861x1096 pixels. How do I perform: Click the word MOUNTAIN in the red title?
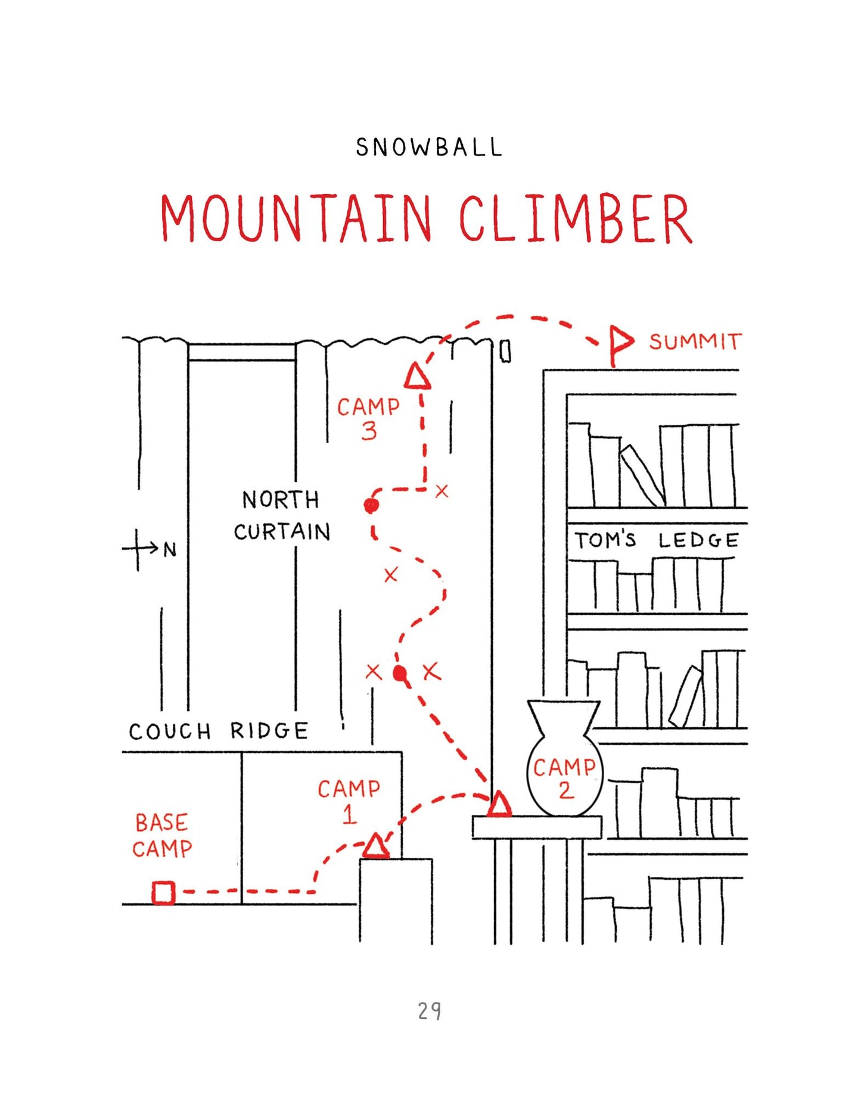(x=296, y=218)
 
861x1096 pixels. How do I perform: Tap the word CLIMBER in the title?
(x=576, y=218)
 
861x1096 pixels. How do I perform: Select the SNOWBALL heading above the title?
(x=429, y=147)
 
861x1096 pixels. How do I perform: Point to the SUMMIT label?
(x=695, y=341)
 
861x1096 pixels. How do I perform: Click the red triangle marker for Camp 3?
(x=417, y=376)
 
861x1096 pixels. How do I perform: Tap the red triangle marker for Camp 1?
(x=375, y=846)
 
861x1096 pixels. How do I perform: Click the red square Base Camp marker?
(x=163, y=893)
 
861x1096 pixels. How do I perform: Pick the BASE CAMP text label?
(x=162, y=836)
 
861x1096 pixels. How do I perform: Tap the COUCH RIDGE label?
(x=219, y=731)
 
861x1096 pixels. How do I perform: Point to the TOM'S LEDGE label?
(x=657, y=540)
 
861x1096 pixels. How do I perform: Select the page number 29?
(x=430, y=1011)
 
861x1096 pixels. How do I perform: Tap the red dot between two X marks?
(x=400, y=674)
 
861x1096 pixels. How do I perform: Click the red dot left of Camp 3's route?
(x=371, y=506)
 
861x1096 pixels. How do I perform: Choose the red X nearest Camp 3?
(x=442, y=491)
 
